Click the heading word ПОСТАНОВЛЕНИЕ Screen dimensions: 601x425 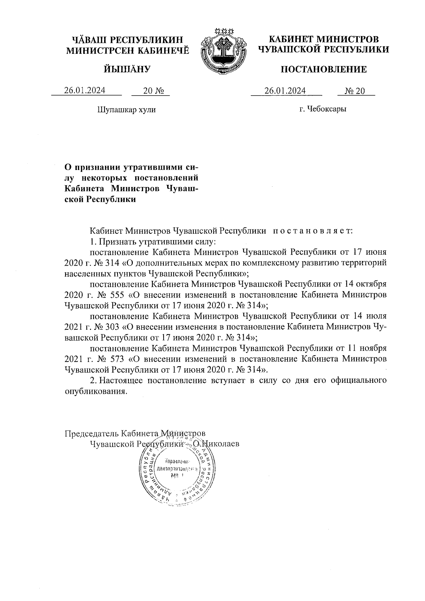coord(323,69)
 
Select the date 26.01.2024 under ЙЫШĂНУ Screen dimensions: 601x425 coord(85,91)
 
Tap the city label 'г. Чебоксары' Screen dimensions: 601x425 coord(322,109)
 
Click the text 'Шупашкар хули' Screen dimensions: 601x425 coord(126,110)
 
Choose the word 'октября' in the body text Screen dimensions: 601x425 coord(372,284)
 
